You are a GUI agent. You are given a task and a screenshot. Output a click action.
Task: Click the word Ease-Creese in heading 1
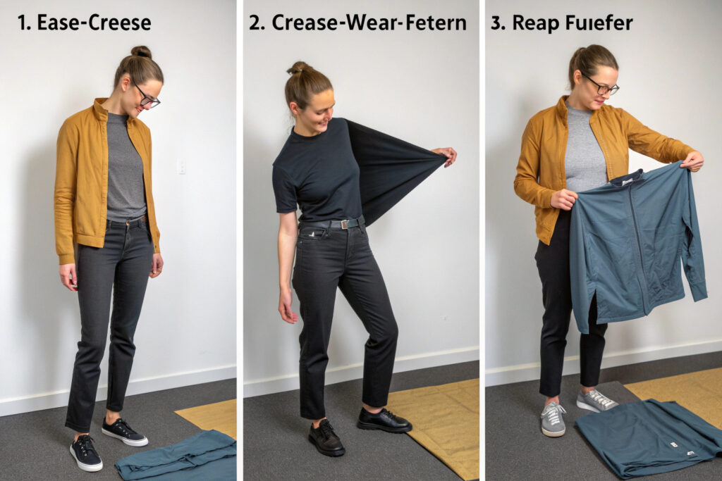click(x=94, y=23)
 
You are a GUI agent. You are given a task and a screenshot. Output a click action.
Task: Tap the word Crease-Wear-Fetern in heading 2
click(x=369, y=23)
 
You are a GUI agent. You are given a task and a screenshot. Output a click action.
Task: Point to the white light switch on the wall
click(x=182, y=166)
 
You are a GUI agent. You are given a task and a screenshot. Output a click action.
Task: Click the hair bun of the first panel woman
click(x=141, y=51)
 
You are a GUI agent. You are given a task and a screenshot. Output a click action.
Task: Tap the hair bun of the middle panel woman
click(x=300, y=68)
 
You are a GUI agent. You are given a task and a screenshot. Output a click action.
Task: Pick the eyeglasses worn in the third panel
click(x=601, y=86)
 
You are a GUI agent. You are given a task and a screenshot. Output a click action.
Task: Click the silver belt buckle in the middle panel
click(x=344, y=224)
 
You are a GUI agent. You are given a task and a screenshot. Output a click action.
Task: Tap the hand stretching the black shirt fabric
click(x=444, y=156)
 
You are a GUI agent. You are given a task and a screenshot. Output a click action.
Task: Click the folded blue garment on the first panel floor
click(x=177, y=455)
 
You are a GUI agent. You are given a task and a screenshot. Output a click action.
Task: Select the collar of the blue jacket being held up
click(x=627, y=177)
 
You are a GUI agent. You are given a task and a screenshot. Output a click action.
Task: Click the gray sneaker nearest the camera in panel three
click(x=553, y=418)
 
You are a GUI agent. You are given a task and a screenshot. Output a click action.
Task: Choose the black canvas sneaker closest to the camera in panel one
click(x=85, y=453)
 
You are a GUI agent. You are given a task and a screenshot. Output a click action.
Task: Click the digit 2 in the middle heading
click(x=255, y=23)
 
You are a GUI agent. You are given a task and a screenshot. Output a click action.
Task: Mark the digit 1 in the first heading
click(x=21, y=23)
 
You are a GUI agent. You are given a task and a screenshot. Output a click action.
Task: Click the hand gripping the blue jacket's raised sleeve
click(x=692, y=161)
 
